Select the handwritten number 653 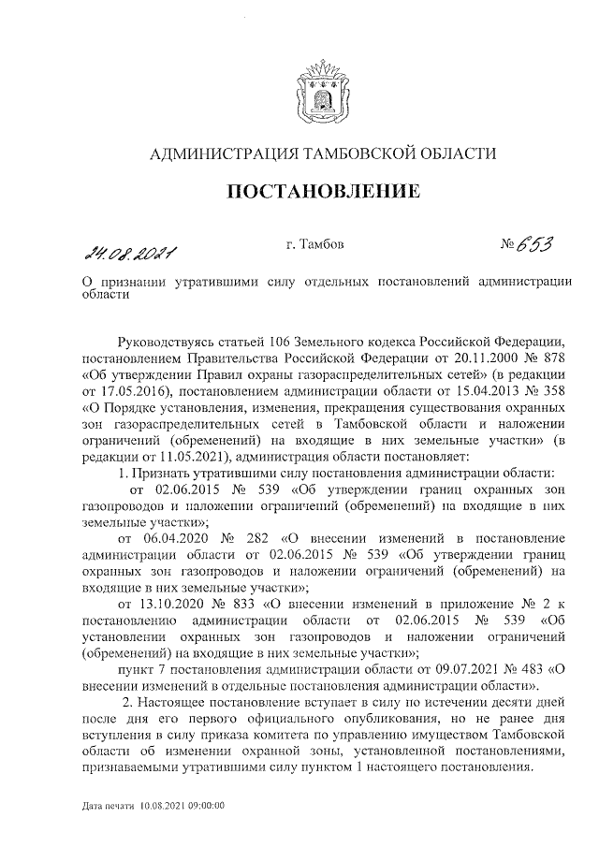click(x=531, y=245)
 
